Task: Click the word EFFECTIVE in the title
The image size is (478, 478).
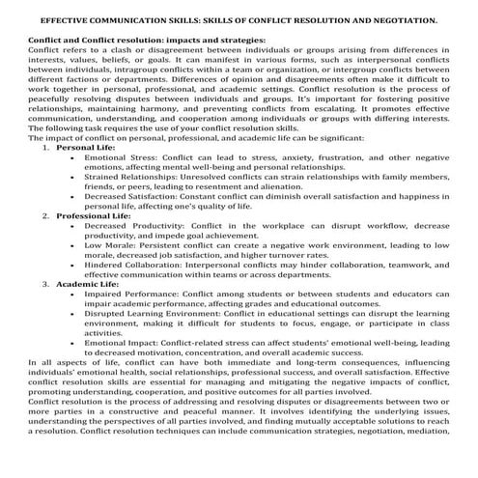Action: tap(64, 18)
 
